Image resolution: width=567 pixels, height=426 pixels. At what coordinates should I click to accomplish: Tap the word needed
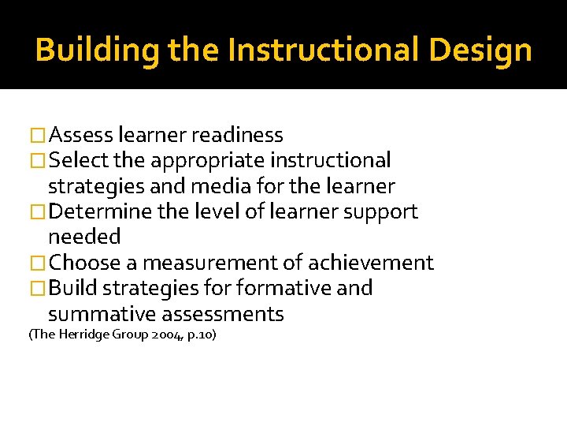pyautogui.click(x=84, y=237)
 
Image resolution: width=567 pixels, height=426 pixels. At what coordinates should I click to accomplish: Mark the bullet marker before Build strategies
pyautogui.click(x=37, y=289)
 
